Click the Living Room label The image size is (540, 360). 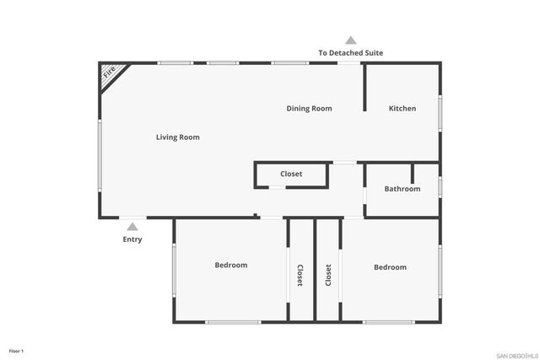177,137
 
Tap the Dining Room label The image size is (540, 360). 309,108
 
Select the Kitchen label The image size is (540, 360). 402,108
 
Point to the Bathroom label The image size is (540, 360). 402,189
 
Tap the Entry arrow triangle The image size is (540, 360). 132,226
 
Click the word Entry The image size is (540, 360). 132,239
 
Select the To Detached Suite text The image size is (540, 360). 350,52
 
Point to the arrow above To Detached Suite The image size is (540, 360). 350,40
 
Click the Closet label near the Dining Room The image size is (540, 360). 291,174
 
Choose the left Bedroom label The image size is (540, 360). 230,265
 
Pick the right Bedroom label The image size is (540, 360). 390,267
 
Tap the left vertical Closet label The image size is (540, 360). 300,277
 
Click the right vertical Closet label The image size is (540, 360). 327,277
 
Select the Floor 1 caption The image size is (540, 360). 16,350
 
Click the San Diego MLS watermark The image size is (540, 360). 515,354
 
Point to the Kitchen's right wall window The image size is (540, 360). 440,112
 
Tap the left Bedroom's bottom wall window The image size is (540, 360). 233,321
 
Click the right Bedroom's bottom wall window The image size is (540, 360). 389,321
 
